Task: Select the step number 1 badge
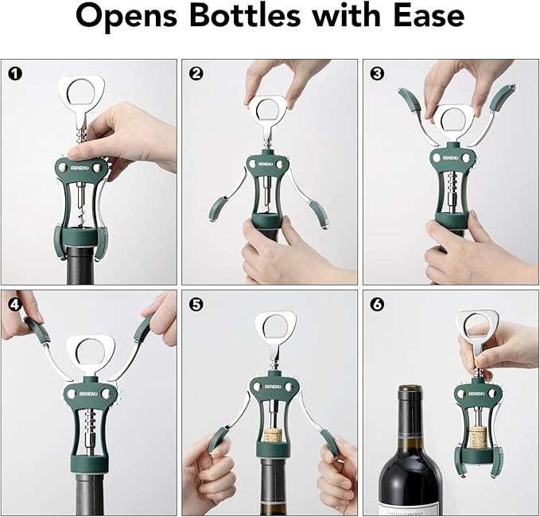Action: tap(14, 74)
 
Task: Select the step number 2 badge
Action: tap(196, 74)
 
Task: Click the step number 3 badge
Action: tap(377, 74)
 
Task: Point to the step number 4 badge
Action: tap(14, 304)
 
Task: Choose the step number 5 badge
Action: tap(196, 304)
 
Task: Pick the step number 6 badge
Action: tap(377, 304)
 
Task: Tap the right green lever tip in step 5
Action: tap(326, 441)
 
